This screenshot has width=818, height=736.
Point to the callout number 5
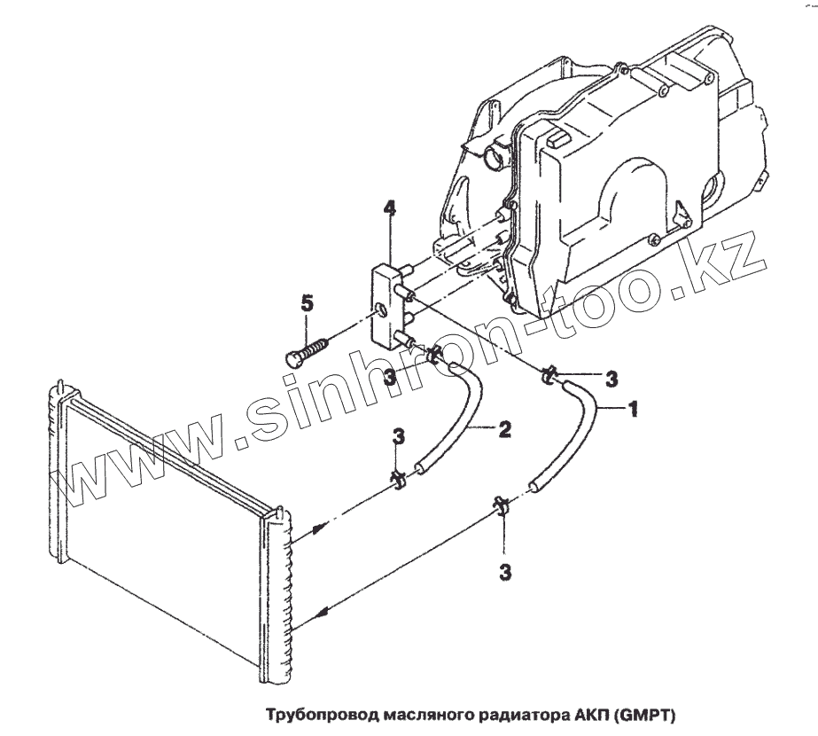pyautogui.click(x=307, y=303)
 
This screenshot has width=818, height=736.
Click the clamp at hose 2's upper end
pyautogui.click(x=434, y=356)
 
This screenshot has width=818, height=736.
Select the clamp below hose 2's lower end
pyautogui.click(x=398, y=480)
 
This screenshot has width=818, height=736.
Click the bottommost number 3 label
pyautogui.click(x=505, y=573)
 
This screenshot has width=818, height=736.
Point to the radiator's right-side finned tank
pyautogui.click(x=277, y=594)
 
